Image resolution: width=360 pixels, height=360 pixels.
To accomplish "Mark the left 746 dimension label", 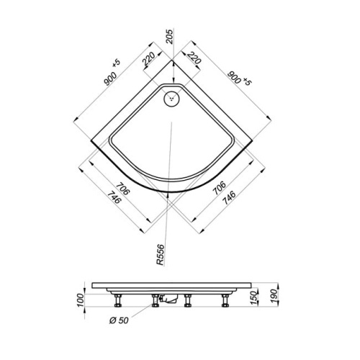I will [x=112, y=204].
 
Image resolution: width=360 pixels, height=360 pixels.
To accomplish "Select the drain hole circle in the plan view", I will [x=173, y=99].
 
